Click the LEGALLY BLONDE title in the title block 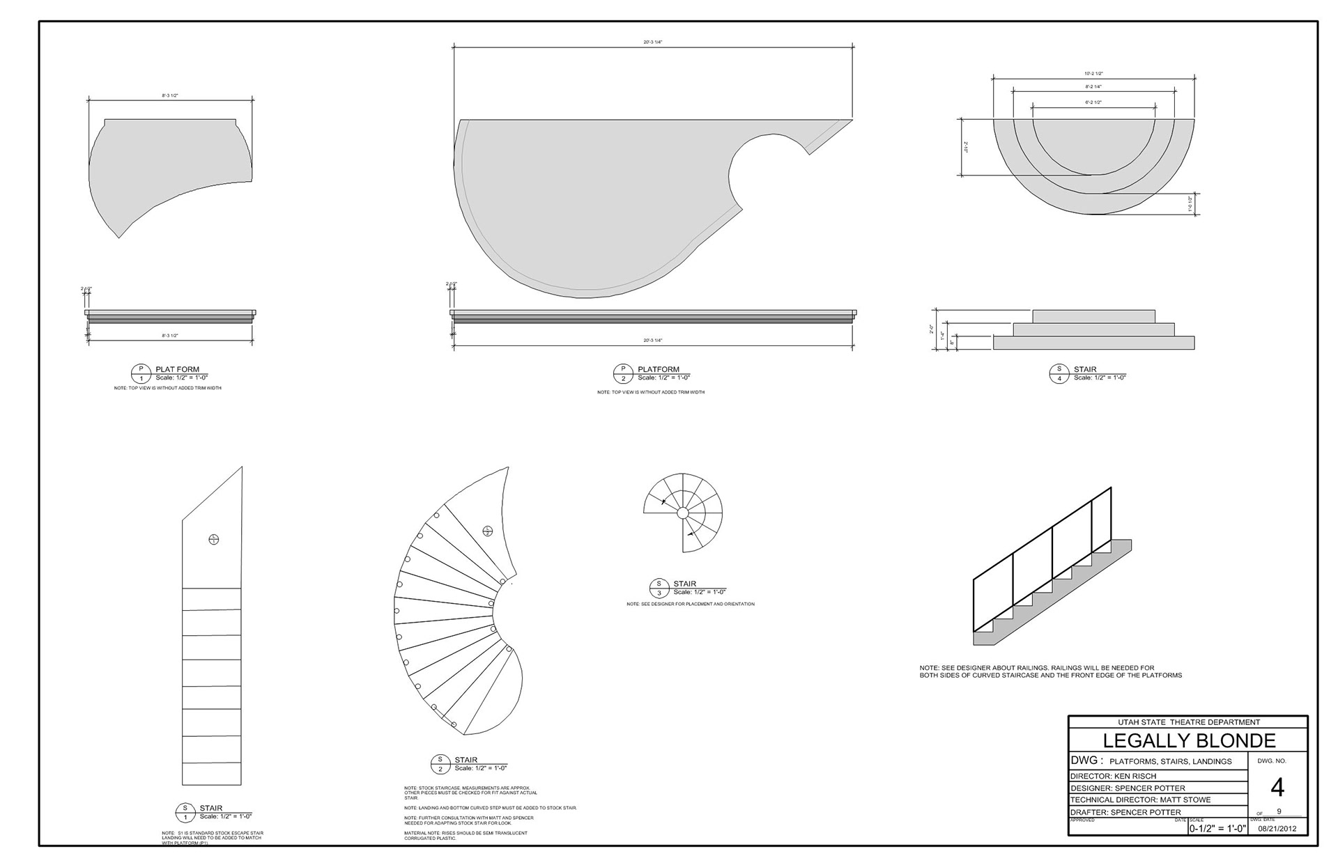click(1188, 740)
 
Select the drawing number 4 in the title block click(1277, 788)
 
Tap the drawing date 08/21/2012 click(1277, 829)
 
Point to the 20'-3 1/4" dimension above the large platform click(653, 42)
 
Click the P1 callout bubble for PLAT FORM click(141, 373)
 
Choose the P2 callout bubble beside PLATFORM click(623, 373)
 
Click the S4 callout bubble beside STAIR click(1059, 373)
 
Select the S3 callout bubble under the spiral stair click(659, 588)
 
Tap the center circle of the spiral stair click(683, 513)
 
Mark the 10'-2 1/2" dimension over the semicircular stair click(1093, 73)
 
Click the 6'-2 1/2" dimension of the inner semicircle click(1093, 102)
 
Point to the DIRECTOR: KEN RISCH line click(1114, 776)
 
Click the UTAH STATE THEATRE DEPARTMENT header click(1188, 722)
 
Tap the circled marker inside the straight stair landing click(214, 539)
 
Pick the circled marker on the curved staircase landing click(488, 531)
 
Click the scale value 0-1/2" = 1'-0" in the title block click(1217, 829)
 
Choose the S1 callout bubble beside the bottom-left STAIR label click(185, 812)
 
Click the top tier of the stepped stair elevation click(1093, 316)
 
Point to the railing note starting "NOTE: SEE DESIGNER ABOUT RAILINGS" click(1051, 671)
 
